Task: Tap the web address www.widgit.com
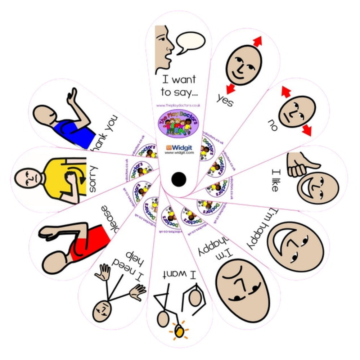pyautogui.click(x=179, y=153)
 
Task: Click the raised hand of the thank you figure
pyautogui.click(x=72, y=96)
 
